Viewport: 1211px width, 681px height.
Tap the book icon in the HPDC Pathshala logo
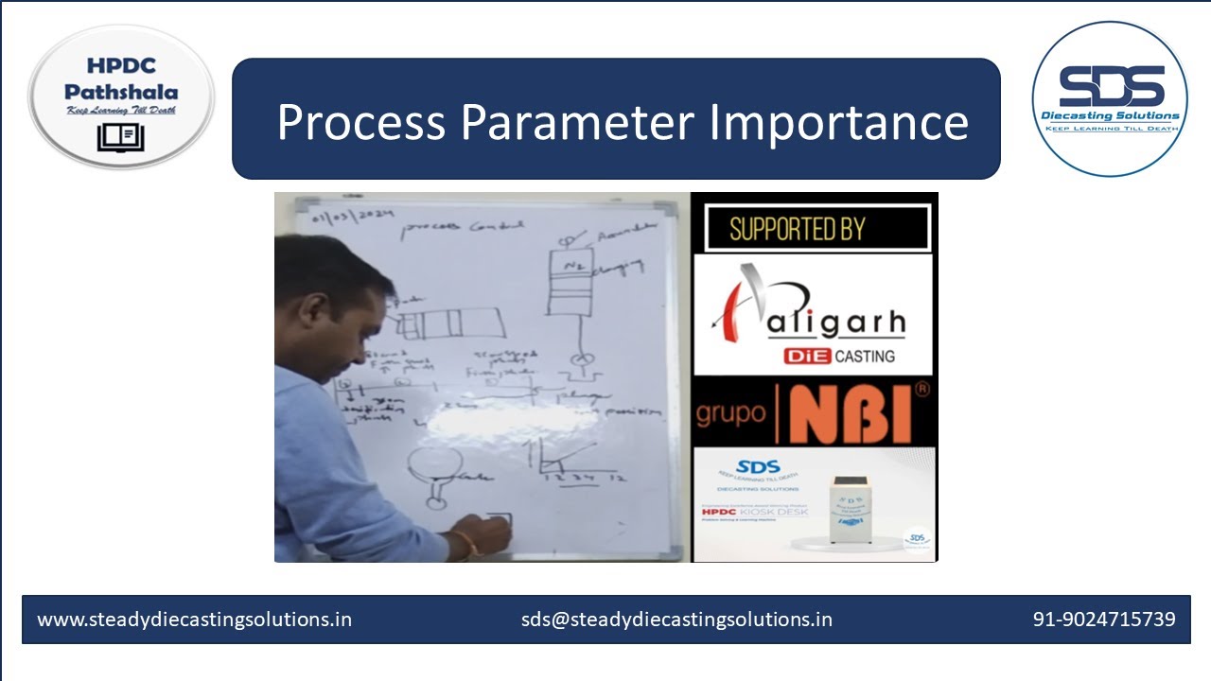point(120,137)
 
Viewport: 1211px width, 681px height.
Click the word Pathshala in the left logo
point(121,93)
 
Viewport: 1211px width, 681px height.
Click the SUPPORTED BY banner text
point(797,228)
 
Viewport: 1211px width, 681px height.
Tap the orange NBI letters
point(851,414)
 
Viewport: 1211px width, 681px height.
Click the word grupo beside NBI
point(730,414)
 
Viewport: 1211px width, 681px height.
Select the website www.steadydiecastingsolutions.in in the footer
point(194,620)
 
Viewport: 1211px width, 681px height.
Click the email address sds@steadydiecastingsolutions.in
point(676,620)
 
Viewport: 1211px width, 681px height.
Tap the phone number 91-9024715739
point(1103,620)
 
